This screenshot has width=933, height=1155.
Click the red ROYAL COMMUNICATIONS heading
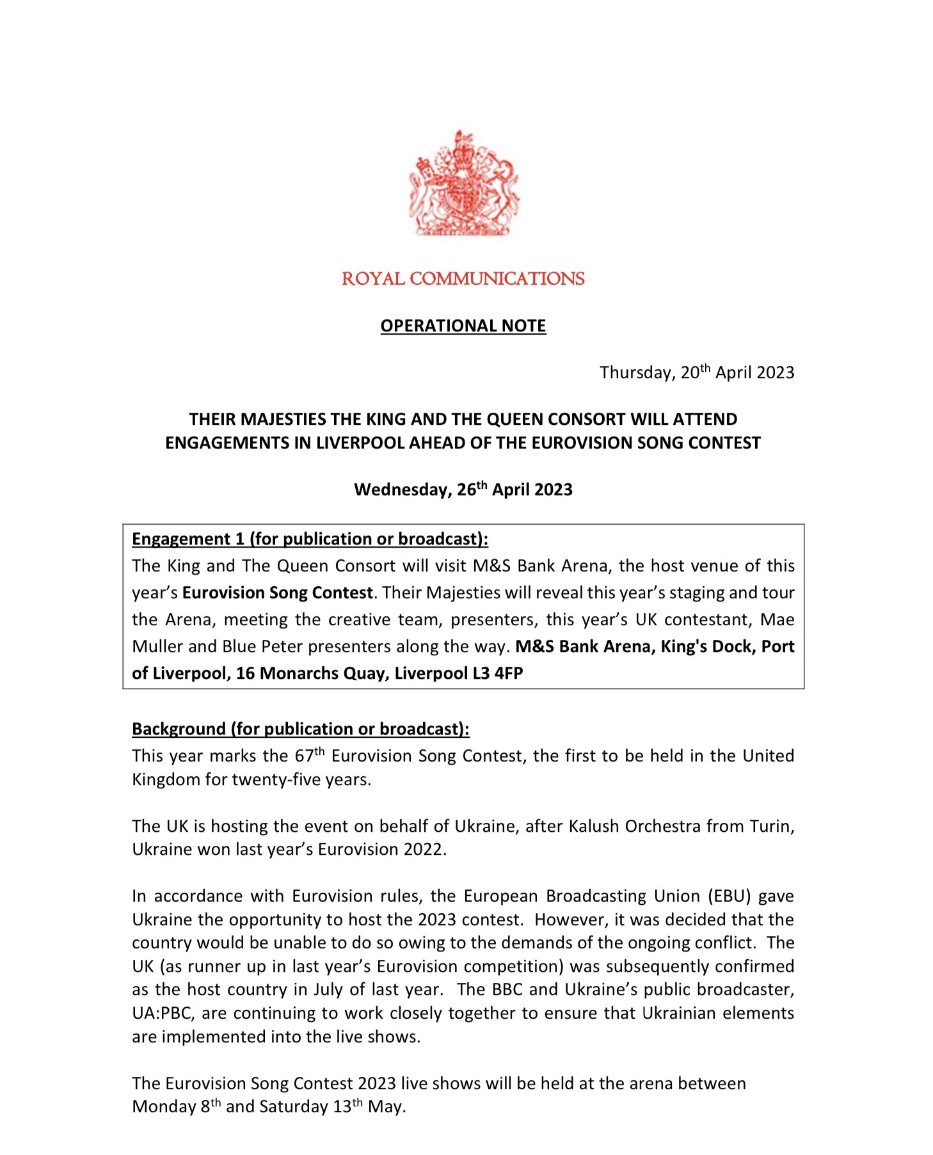tap(463, 279)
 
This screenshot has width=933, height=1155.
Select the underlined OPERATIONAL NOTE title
tap(463, 326)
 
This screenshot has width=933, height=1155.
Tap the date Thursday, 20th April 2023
tap(696, 372)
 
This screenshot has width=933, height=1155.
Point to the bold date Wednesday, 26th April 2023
tap(463, 490)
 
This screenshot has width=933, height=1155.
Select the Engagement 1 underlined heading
tap(310, 539)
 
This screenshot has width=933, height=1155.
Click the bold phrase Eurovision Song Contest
tap(277, 593)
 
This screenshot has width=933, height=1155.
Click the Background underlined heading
tap(300, 729)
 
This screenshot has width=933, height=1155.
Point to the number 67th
tap(309, 756)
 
